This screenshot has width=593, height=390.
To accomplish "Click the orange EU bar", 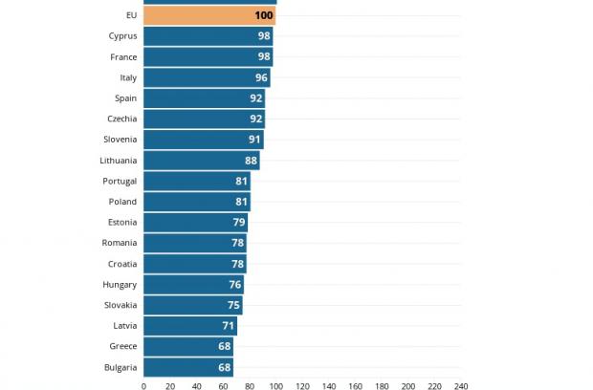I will [x=209, y=15].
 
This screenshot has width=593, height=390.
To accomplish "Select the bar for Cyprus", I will [x=208, y=36].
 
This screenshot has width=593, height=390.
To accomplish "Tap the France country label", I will [x=121, y=56].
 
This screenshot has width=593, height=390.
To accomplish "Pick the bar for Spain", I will [x=204, y=98].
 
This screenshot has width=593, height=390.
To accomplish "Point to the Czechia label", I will [x=121, y=119].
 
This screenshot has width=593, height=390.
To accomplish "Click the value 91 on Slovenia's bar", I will [x=254, y=140].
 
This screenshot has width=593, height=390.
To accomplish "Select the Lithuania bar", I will [x=201, y=161].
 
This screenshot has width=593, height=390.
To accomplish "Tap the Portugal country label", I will [x=120, y=181].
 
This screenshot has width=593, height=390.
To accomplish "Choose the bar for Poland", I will [x=196, y=202].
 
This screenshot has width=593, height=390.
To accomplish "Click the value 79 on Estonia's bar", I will [x=239, y=223].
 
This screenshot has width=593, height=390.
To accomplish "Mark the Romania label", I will [x=120, y=243].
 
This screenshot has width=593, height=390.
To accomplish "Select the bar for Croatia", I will [x=194, y=264].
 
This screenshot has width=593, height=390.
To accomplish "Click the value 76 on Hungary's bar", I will [x=234, y=285].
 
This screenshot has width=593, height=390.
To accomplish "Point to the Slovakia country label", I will [x=121, y=305].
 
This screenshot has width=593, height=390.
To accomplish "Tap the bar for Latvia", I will [x=190, y=326].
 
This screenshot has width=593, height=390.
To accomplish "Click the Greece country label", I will [x=123, y=346].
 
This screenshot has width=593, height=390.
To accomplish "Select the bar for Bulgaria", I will [x=188, y=367].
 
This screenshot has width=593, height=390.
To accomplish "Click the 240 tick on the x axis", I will [x=461, y=386].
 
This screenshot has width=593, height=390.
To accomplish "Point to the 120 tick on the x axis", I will [x=302, y=386].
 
